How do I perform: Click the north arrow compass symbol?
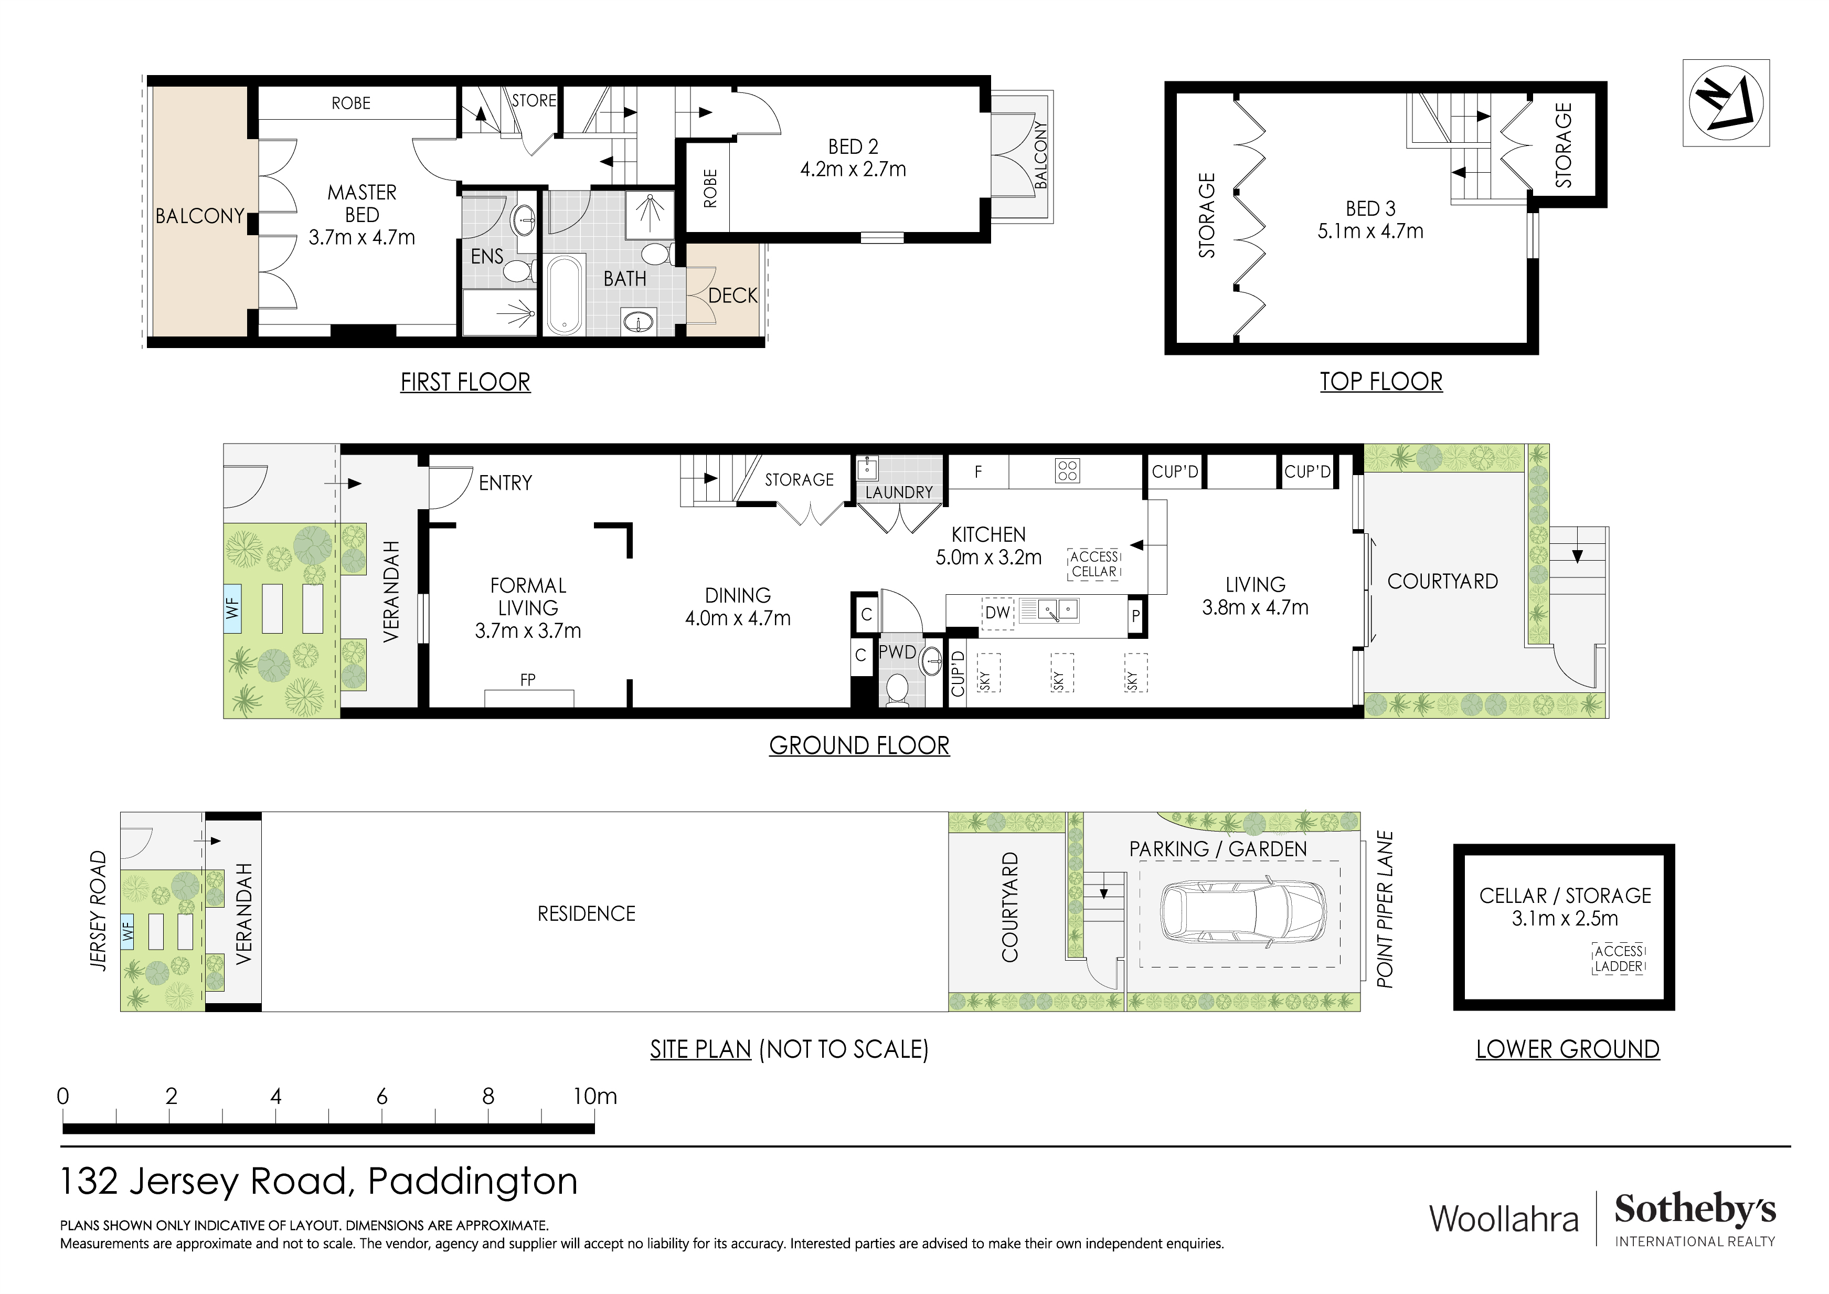1726,103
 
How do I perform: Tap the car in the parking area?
1243,912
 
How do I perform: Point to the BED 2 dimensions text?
853,169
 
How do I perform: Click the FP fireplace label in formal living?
527,680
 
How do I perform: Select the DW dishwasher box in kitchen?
997,613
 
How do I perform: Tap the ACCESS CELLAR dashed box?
1094,564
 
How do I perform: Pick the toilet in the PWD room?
897,690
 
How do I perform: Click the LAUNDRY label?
899,492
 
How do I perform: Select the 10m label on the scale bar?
594,1097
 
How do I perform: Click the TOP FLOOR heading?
1380,382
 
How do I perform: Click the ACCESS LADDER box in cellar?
1619,959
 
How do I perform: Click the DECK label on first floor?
732,296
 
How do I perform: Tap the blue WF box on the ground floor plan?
232,609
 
